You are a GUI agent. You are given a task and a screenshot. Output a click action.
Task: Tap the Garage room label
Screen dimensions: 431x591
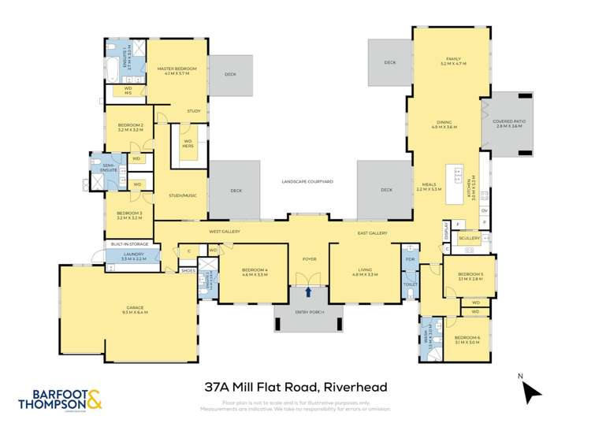coord(136,310)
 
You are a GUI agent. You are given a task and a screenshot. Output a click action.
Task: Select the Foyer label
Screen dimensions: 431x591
coord(309,258)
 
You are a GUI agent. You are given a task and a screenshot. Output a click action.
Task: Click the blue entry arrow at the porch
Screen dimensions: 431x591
coord(309,292)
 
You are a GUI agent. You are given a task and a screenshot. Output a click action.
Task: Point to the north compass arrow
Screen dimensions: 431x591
coord(533,392)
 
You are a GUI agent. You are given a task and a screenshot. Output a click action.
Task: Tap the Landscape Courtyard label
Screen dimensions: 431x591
coord(307,181)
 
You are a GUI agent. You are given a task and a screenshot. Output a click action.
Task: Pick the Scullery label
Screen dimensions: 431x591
coord(470,238)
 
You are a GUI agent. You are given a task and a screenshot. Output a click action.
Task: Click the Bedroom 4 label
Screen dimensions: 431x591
coord(254,273)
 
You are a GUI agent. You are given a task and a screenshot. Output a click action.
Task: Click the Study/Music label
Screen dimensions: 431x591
coord(182,195)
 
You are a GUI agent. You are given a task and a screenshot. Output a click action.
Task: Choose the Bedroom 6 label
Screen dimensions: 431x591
coord(466,340)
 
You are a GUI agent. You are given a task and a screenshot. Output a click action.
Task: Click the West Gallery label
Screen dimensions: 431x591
coord(225,232)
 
